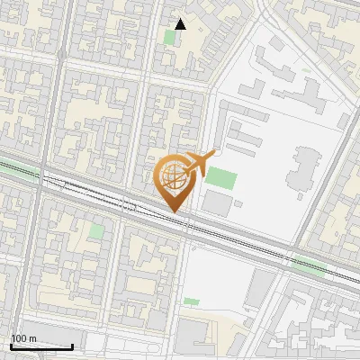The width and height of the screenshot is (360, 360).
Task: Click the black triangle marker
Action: (181, 23)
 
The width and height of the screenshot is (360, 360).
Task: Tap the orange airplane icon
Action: (200, 163)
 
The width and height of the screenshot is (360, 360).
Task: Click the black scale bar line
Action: (41, 346)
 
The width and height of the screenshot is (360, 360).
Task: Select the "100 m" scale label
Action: (23, 338)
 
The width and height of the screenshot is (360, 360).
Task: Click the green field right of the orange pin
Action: (220, 176)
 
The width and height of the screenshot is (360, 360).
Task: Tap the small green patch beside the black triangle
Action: (171, 37)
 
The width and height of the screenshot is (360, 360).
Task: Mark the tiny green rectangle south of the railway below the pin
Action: (191, 301)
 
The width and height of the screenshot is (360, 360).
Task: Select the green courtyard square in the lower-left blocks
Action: (96, 231)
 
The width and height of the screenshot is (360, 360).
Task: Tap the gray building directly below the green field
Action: (217, 203)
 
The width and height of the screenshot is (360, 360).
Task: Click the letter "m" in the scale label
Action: (31, 338)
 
